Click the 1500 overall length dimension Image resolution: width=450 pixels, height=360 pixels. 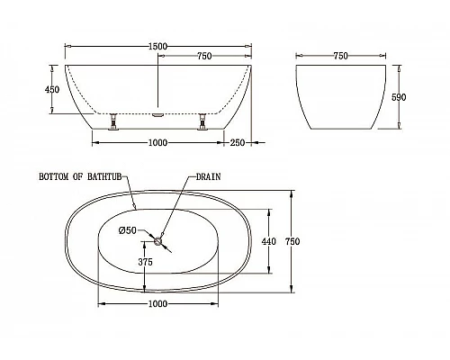point(158,45)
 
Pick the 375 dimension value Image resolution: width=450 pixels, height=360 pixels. point(144,262)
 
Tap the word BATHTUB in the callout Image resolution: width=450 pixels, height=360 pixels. point(99,177)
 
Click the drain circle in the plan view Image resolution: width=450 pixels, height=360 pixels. point(158,240)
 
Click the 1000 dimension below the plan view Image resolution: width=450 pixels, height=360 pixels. point(158,305)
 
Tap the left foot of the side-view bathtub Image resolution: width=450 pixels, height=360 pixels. point(112,123)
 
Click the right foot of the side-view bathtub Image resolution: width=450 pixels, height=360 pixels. point(204,123)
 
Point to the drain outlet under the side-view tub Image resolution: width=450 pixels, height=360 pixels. point(158,114)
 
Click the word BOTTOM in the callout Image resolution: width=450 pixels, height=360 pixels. point(54,177)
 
